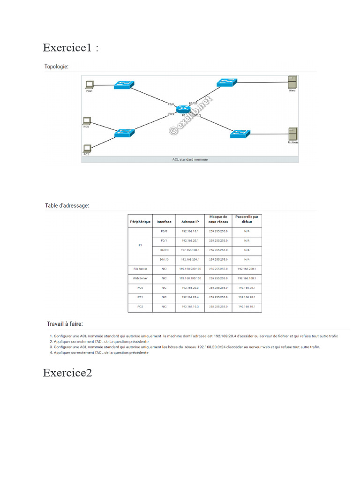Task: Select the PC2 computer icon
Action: coord(89,85)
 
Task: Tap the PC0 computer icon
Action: coord(86,121)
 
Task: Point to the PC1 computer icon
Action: coord(87,148)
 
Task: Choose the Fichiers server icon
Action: coord(292,133)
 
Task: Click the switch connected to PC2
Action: coord(124,85)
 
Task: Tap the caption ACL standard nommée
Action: coord(190,159)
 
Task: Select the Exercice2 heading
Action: coord(67,373)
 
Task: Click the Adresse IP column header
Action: coord(190,222)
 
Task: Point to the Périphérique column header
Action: coord(140,222)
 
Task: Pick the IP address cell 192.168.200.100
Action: coord(190,269)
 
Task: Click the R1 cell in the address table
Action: coord(140,245)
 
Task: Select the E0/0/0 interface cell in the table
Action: coord(164,250)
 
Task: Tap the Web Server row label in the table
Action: coord(140,278)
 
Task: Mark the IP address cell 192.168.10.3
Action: coord(190,307)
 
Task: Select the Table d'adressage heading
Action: coord(67,205)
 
